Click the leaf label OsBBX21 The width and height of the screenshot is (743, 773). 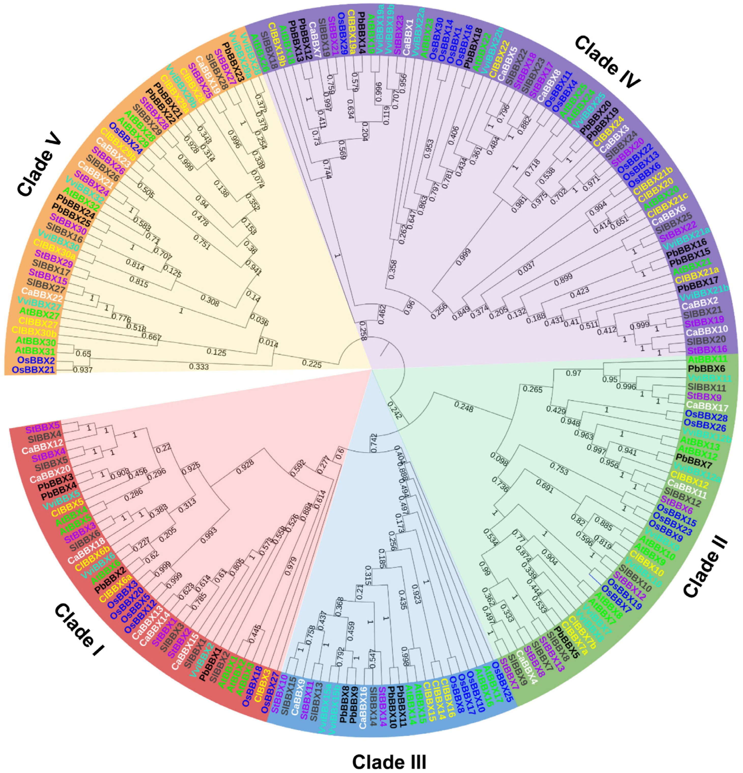pos(34,370)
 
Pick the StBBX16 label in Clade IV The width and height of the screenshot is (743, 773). pos(708,349)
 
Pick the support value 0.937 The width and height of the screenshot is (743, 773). pos(83,370)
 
